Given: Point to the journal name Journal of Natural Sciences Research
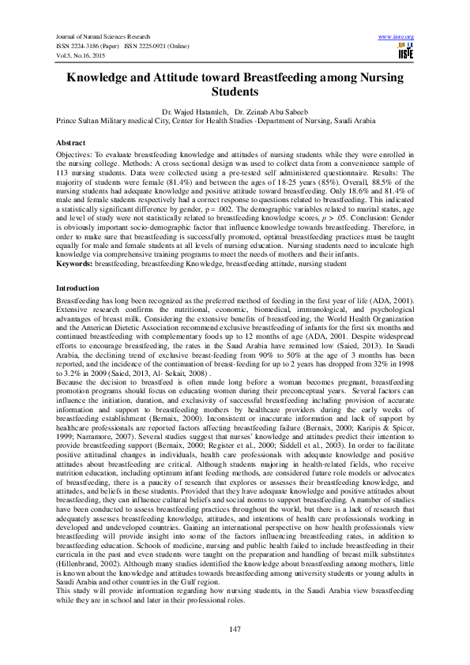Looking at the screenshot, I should pos(102,37).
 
